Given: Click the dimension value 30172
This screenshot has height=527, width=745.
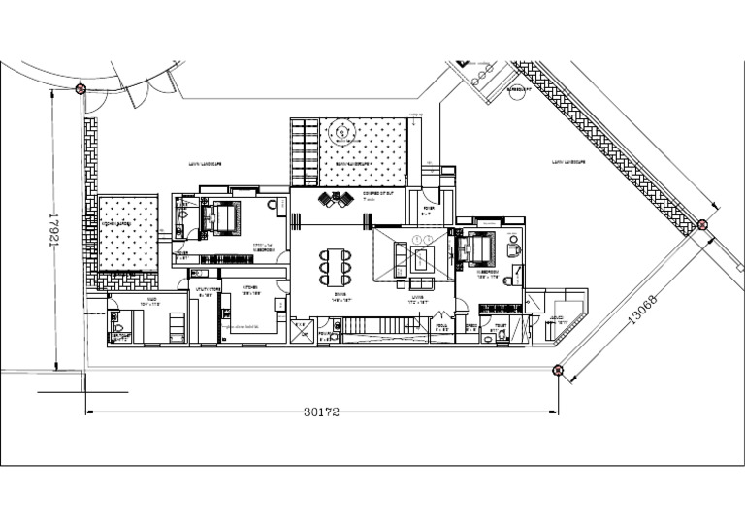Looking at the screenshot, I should tap(321, 412).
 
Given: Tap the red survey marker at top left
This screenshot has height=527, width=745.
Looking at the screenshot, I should tap(81, 89).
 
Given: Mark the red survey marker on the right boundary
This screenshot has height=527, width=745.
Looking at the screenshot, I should tap(703, 225).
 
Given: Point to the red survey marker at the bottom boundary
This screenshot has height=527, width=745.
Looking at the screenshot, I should tap(557, 369).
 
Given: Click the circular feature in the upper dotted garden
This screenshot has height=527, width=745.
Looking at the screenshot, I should tap(342, 131).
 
